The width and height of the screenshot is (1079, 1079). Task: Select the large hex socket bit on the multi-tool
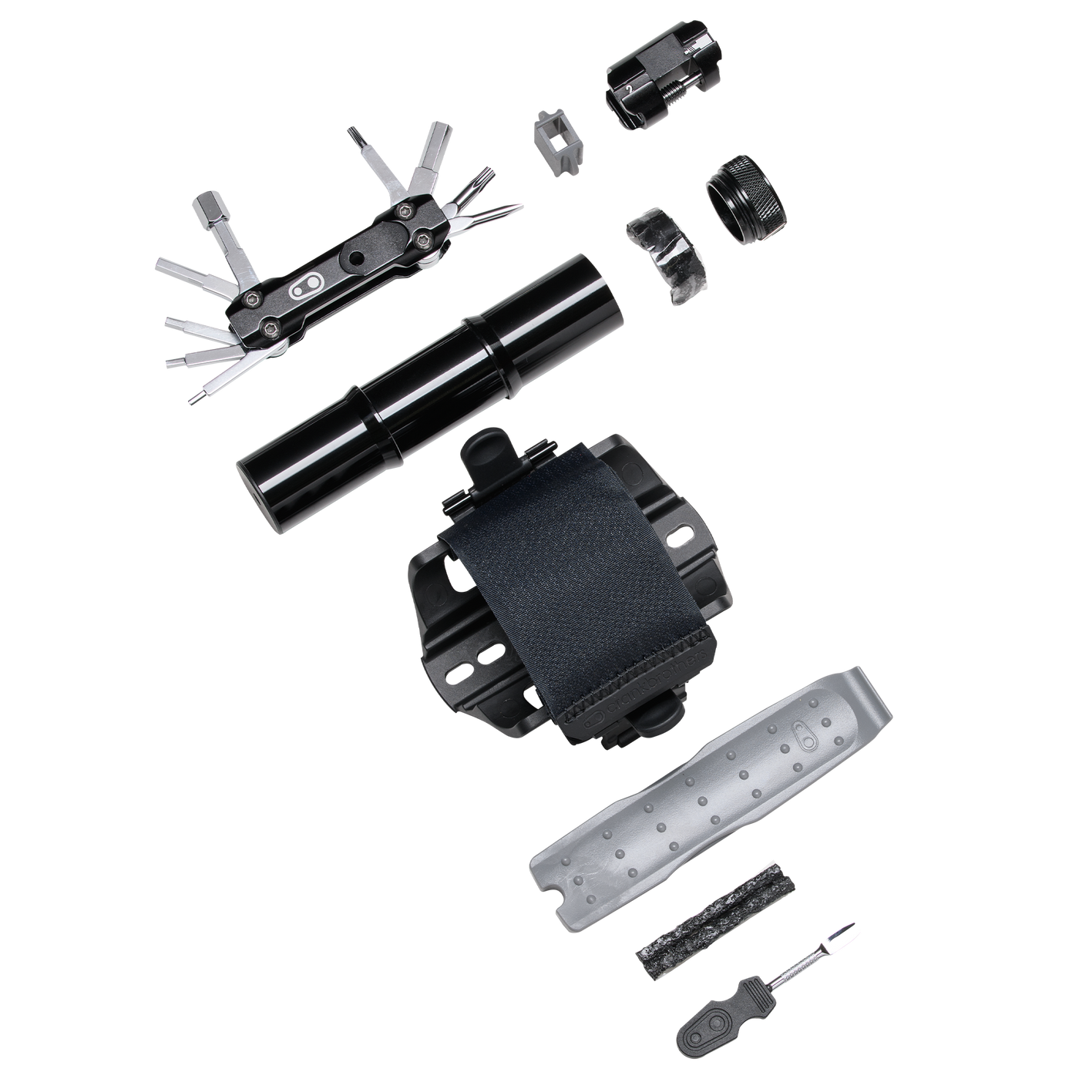click(x=207, y=209)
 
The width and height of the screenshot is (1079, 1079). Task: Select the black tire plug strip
click(x=715, y=924)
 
